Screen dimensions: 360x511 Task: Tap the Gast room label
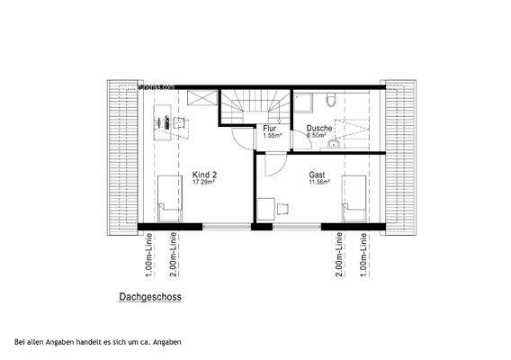(317, 175)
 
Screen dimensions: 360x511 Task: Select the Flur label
(270, 128)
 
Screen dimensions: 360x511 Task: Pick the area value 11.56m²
(318, 183)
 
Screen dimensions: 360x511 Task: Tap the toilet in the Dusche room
(329, 101)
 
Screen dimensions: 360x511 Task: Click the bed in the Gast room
(354, 200)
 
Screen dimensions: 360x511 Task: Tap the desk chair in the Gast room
(281, 208)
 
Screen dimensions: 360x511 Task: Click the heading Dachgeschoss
(151, 294)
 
